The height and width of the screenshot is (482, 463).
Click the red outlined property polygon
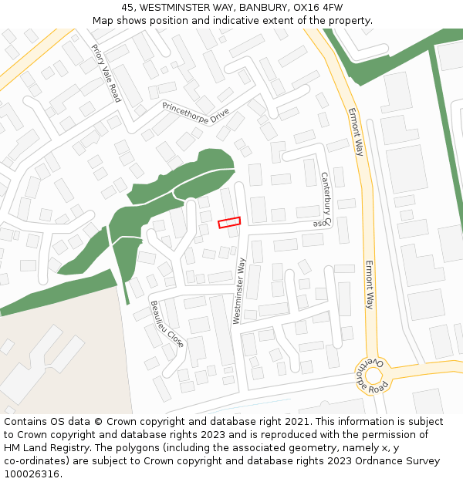[x=229, y=222]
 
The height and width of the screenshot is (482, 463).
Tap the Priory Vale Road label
[x=106, y=73]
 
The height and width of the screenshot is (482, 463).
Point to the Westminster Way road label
[x=239, y=291]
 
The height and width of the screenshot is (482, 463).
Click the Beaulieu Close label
[x=167, y=324]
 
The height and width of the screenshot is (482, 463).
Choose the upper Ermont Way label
[x=356, y=132]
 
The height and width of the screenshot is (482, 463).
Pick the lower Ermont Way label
[x=370, y=285]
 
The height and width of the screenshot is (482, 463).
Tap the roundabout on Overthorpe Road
[x=375, y=376]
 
